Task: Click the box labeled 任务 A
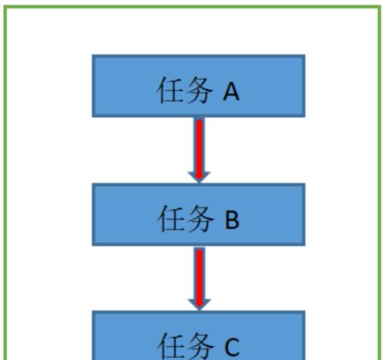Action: pyautogui.click(x=199, y=86)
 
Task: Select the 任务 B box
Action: pyautogui.click(x=199, y=215)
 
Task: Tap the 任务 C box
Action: pyautogui.click(x=199, y=335)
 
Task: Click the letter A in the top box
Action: pyautogui.click(x=231, y=93)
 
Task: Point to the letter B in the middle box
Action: pyautogui.click(x=232, y=220)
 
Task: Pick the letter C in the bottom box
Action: pyautogui.click(x=232, y=348)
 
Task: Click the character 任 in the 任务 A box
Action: pyautogui.click(x=169, y=90)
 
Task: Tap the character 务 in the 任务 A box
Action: pyautogui.click(x=199, y=90)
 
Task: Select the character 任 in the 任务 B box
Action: pyautogui.click(x=170, y=218)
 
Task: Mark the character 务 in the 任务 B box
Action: pyautogui.click(x=199, y=218)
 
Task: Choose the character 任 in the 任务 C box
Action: pyautogui.click(x=170, y=346)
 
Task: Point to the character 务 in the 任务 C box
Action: pyautogui.click(x=199, y=346)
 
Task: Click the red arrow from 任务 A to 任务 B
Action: pyautogui.click(x=199, y=150)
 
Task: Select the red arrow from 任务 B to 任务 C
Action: pyautogui.click(x=199, y=279)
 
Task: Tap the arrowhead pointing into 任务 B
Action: pyautogui.click(x=199, y=177)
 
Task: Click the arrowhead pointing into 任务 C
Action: pyautogui.click(x=199, y=304)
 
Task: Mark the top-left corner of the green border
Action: pyautogui.click(x=5, y=7)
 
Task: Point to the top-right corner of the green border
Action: pyautogui.click(x=380, y=7)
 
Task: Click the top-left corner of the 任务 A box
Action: pyautogui.click(x=92, y=55)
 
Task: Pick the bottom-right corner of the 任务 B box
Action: pyautogui.click(x=305, y=246)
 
